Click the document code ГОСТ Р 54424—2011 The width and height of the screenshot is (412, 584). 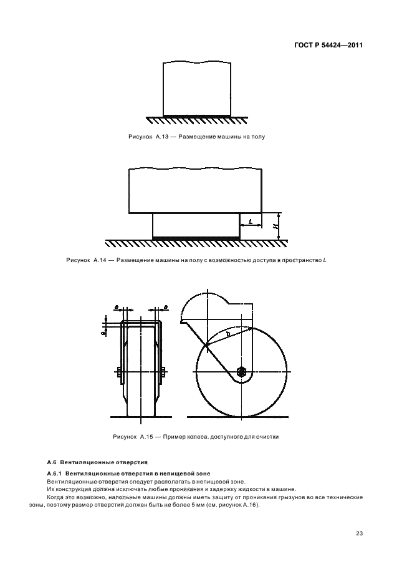coord(329,45)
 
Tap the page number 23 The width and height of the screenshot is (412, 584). coord(359,533)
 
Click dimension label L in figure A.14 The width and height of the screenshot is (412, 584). coord(250,221)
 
